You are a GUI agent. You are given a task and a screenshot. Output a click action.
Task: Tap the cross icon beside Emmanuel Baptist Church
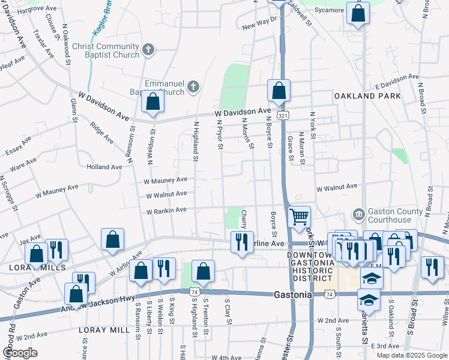(x=193, y=88)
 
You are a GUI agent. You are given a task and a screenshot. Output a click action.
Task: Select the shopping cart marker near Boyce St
(x=299, y=216)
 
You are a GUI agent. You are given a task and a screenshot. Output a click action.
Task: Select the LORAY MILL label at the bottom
(x=104, y=330)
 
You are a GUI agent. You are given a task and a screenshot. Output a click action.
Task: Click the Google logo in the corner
(x=20, y=352)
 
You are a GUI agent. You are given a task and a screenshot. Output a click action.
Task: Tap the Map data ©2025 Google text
(x=411, y=355)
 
